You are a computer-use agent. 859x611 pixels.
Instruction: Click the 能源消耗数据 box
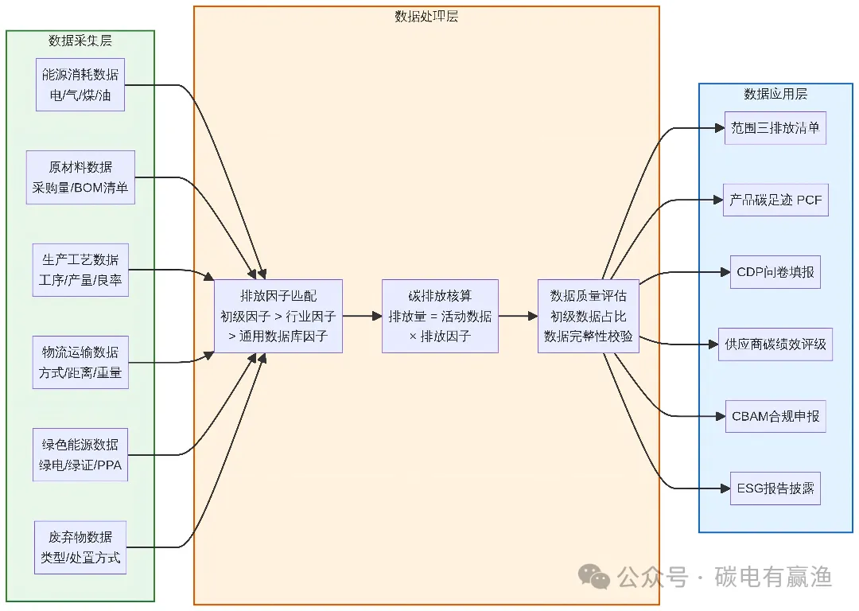80,84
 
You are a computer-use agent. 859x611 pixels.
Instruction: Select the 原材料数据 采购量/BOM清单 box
80,177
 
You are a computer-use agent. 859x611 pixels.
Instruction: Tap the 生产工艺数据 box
80,270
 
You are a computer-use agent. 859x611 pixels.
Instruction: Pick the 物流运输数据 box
80,362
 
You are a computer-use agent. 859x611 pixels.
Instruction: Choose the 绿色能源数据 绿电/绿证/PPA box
80,454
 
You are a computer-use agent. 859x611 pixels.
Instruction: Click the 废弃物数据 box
80,547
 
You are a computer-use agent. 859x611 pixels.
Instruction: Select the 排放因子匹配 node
278,316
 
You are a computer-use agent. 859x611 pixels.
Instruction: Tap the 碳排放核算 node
440,316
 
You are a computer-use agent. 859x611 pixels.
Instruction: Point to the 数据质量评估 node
589,316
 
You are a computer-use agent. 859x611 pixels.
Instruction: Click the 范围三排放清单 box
775,128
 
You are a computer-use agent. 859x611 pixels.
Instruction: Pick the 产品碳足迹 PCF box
775,200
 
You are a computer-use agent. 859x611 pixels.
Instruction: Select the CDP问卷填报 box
775,272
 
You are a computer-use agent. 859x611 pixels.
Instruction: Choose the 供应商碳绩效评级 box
775,344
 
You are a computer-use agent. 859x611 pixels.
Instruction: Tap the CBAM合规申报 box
775,416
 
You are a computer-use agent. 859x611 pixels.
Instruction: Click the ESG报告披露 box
775,488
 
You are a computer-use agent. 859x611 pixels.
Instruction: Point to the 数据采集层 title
80,41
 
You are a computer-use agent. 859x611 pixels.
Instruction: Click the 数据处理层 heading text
426,17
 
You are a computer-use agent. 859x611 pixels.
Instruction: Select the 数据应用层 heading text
775,94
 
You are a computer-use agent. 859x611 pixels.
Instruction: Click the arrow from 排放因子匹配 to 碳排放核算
362,316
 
